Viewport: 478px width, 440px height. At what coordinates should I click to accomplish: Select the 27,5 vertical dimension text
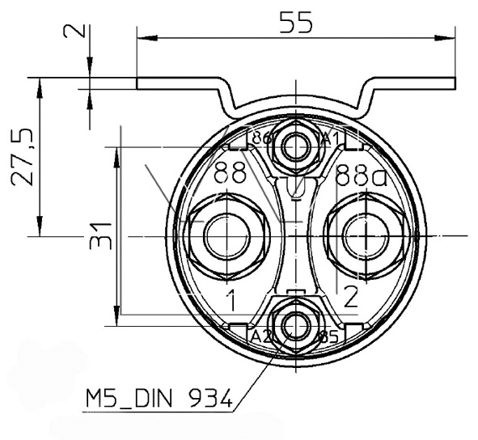[x=24, y=156]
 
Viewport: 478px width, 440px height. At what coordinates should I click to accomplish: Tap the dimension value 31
[x=100, y=235]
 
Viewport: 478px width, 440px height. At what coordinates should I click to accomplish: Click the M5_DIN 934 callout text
[x=158, y=398]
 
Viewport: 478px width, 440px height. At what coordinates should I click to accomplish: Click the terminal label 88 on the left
[x=232, y=172]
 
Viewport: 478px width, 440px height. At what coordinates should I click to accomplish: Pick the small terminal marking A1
[x=330, y=138]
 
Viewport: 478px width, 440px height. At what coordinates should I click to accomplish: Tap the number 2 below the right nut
[x=350, y=298]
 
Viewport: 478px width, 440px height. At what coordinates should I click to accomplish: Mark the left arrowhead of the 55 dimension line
[x=146, y=36]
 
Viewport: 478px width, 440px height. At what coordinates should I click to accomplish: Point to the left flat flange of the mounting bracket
[x=178, y=83]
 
